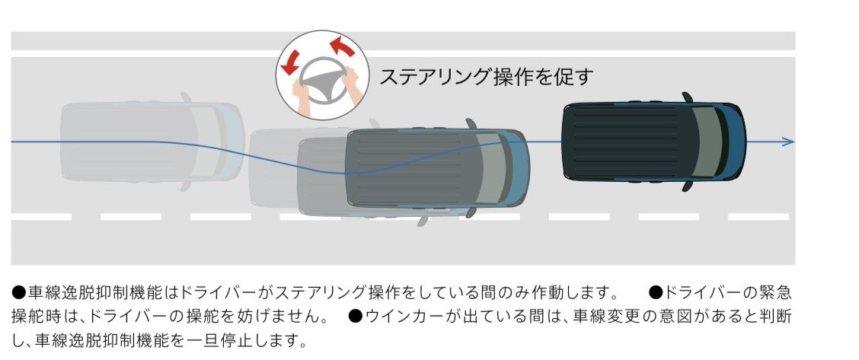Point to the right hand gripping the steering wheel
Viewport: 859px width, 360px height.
pyautogui.click(x=350, y=82)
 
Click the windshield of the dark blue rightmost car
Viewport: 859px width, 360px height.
pyautogui.click(x=705, y=142)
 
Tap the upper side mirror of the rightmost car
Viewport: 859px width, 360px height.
pyautogui.click(x=687, y=97)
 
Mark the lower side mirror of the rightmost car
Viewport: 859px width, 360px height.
pyautogui.click(x=687, y=186)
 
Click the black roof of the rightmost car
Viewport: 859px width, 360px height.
pyautogui.click(x=629, y=142)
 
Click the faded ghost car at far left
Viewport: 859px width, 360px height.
pyautogui.click(x=152, y=142)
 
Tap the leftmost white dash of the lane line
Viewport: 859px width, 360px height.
pyautogui.click(x=41, y=217)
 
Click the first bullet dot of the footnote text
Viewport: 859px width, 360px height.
pyautogui.click(x=18, y=293)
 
